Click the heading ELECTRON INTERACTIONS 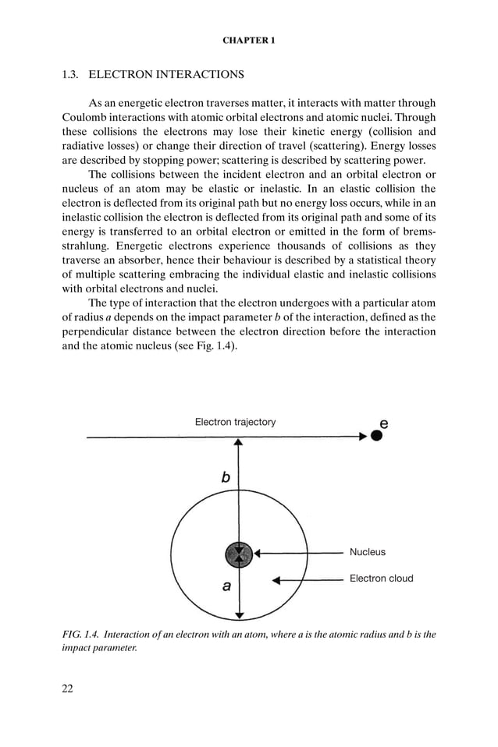(x=166, y=76)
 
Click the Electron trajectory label (x=235, y=422)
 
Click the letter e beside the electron (x=383, y=423)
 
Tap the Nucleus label (x=367, y=552)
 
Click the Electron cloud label (x=381, y=579)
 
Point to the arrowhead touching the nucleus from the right (x=258, y=553)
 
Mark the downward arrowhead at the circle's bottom (x=239, y=615)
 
